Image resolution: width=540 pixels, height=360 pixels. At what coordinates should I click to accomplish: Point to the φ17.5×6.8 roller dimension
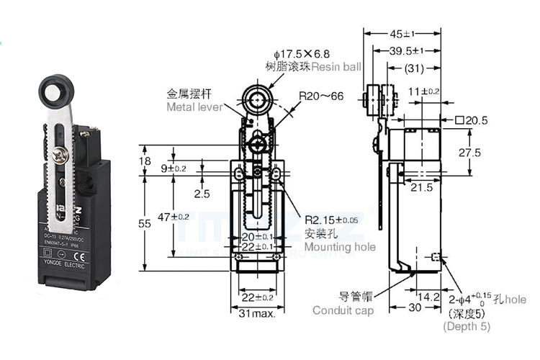(302, 53)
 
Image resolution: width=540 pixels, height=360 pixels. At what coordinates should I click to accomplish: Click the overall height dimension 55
(145, 224)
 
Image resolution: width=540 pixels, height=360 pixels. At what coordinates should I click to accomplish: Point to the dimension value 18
(145, 161)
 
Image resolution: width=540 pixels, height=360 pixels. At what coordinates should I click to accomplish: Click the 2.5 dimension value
(202, 194)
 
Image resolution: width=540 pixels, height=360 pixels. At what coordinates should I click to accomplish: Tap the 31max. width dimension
(256, 314)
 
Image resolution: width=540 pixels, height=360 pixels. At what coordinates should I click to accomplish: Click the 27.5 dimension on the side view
(470, 152)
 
